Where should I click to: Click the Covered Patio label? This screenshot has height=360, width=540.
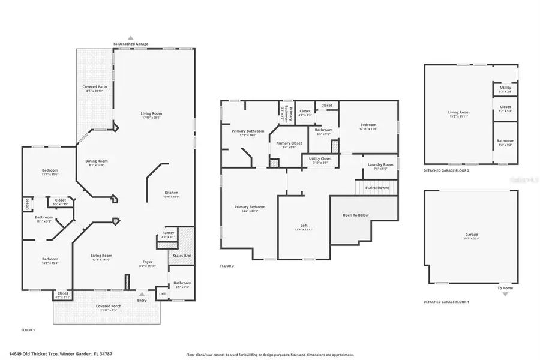tap(95, 88)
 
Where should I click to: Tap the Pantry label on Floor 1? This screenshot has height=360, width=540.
tap(168, 233)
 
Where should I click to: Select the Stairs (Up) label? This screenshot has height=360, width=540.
tap(182, 256)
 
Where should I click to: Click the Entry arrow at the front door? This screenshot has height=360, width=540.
tap(142, 295)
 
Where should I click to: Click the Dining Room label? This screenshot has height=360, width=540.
tap(96, 161)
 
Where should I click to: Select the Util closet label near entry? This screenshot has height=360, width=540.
tap(162, 294)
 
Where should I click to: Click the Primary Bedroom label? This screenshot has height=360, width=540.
tap(250, 207)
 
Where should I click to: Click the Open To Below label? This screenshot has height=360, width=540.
tap(355, 215)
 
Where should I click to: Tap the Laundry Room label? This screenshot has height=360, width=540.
tap(380, 164)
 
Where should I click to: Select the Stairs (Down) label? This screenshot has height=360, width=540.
tap(379, 188)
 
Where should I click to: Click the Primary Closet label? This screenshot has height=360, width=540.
tap(289, 143)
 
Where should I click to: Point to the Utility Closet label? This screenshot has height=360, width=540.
tap(319, 158)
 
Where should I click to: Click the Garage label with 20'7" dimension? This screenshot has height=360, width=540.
tap(472, 235)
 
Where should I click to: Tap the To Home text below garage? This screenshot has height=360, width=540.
tap(505, 288)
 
